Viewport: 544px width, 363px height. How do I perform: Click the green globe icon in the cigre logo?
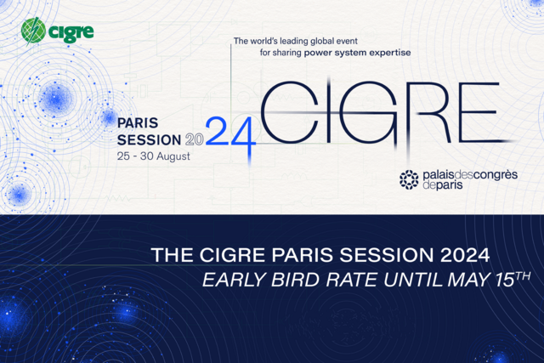(35, 32)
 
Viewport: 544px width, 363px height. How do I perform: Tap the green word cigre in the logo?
(71, 33)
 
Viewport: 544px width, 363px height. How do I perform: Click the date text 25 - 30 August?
(155, 156)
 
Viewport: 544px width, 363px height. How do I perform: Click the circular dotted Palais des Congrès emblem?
(409, 179)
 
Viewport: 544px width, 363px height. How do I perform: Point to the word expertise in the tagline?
(387, 52)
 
